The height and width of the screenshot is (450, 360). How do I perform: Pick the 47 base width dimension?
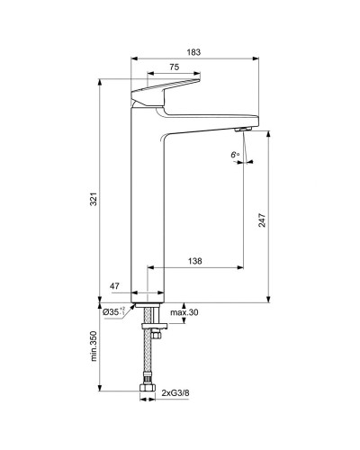[x=114, y=285]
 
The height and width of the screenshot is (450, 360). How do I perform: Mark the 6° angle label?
[x=235, y=156]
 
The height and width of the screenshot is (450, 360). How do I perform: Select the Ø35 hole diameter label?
[x=112, y=311]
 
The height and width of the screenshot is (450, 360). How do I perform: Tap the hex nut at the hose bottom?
[x=147, y=391]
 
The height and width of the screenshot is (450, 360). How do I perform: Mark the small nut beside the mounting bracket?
[x=156, y=335]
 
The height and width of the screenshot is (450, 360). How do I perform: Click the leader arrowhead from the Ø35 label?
[x=134, y=305]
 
